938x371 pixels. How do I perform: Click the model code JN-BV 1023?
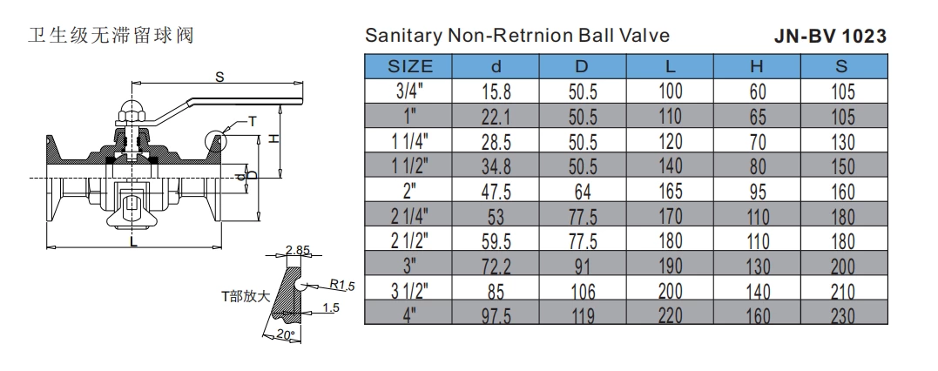(830, 37)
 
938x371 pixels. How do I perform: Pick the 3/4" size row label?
(408, 91)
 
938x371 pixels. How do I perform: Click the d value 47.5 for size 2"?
(496, 193)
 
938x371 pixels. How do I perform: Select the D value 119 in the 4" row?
(583, 319)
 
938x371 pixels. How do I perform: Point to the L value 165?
(669, 193)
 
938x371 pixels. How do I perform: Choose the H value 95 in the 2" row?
(756, 193)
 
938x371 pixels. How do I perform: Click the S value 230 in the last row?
(842, 319)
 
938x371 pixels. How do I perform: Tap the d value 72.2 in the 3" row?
(496, 267)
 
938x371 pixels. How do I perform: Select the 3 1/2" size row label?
(408, 293)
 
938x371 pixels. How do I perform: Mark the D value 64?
(583, 193)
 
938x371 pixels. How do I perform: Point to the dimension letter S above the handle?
(219, 77)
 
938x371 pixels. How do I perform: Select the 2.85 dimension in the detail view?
(298, 252)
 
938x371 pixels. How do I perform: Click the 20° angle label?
(284, 334)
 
